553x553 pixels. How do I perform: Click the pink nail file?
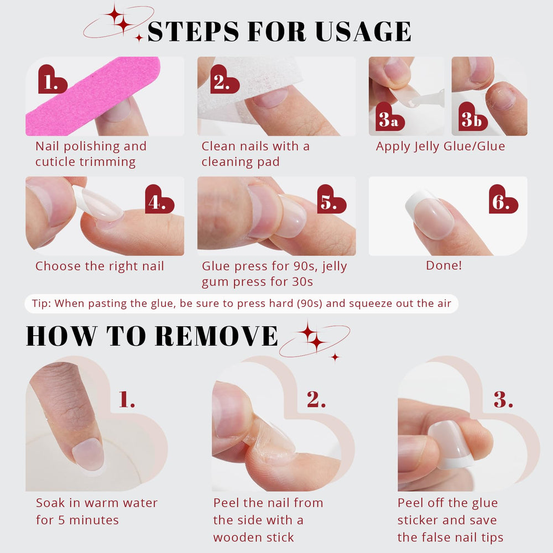(93, 96)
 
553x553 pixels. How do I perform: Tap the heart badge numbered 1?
(52, 80)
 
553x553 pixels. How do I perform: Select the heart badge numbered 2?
(225, 80)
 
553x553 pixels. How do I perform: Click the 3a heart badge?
(390, 117)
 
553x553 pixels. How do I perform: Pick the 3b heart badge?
(473, 117)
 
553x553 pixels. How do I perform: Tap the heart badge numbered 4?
(159, 199)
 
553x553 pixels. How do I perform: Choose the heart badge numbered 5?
(331, 199)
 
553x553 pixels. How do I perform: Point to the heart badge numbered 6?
(503, 199)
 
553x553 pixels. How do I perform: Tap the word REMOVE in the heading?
(216, 336)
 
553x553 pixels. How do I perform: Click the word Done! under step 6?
(444, 265)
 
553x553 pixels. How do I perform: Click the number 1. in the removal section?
(127, 400)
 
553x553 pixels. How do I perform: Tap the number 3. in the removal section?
(503, 400)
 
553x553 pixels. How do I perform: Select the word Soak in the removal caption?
(51, 503)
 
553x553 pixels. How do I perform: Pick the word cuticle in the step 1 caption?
(55, 162)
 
